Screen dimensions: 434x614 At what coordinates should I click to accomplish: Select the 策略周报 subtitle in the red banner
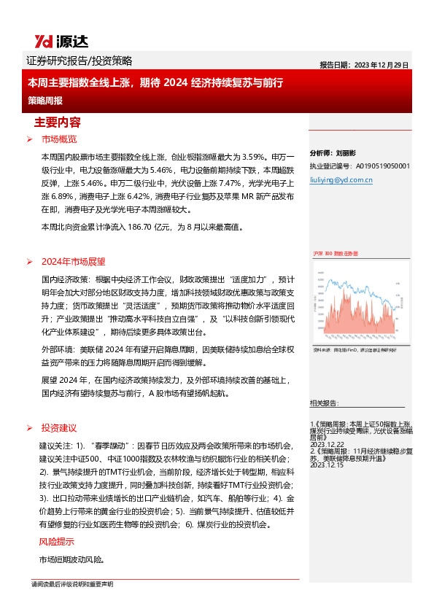[x=44, y=99]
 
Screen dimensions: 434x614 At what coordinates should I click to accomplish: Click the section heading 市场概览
[x=59, y=139]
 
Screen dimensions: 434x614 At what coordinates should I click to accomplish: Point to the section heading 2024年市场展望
[x=74, y=261]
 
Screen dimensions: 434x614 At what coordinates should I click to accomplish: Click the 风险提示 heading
[x=56, y=542]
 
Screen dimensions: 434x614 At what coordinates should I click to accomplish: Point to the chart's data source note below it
[x=354, y=351]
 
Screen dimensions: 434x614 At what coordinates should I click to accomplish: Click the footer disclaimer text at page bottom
[x=72, y=585]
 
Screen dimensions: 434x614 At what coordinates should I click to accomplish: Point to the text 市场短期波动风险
[x=71, y=560]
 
